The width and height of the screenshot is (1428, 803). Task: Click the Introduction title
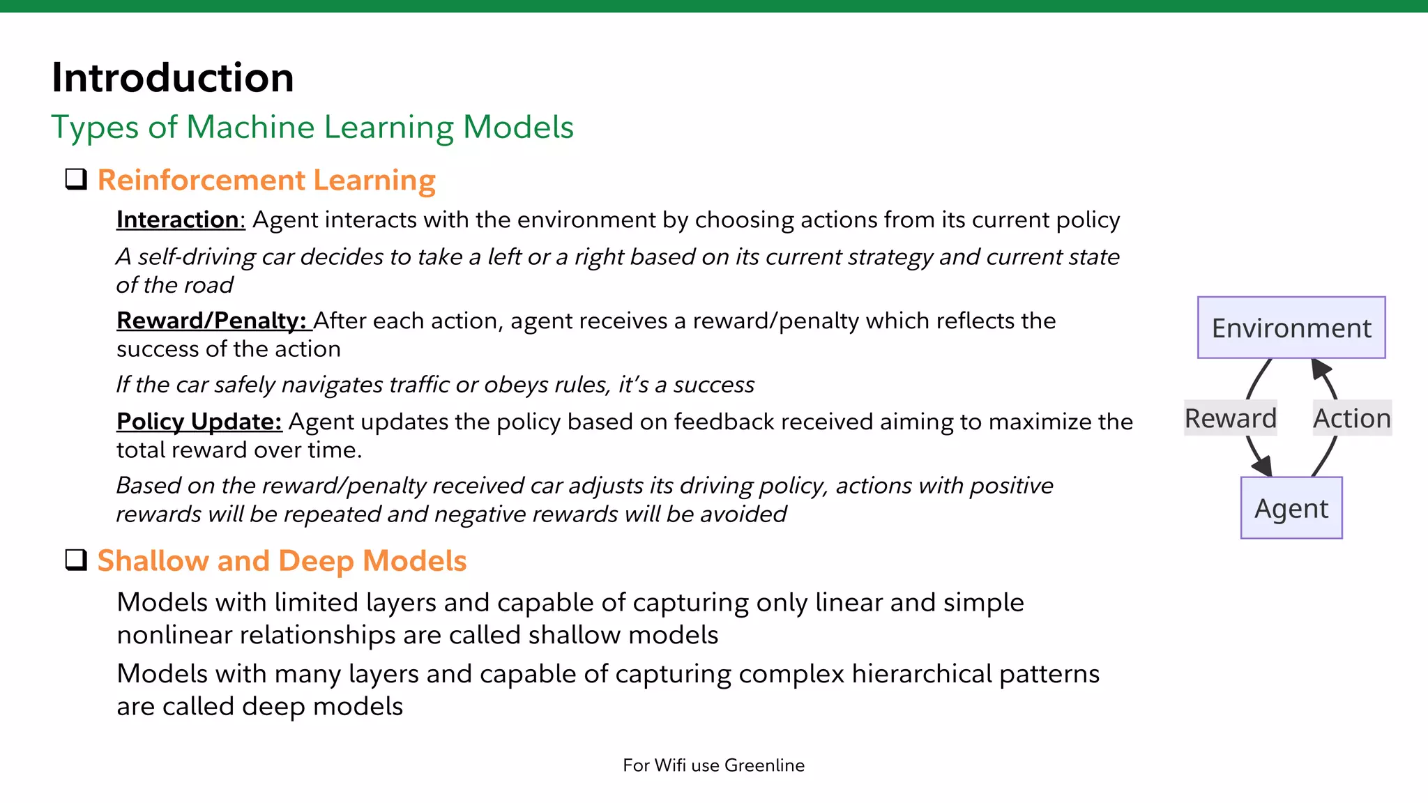point(172,77)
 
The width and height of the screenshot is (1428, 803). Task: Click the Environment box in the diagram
point(1291,328)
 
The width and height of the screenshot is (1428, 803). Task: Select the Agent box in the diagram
point(1291,508)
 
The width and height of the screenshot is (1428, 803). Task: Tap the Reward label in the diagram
point(1230,418)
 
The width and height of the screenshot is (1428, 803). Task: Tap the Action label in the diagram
point(1351,418)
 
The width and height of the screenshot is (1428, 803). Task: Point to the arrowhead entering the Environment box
point(1321,368)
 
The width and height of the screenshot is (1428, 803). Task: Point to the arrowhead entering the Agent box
point(1263,467)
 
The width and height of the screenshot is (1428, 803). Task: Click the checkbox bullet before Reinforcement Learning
point(76,179)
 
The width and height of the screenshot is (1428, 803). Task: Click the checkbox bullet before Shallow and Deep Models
point(76,560)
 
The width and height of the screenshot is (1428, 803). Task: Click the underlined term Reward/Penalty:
point(211,321)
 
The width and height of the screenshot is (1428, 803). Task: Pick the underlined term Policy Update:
point(199,422)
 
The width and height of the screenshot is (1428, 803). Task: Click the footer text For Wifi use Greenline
point(713,765)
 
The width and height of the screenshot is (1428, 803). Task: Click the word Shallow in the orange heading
point(153,561)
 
